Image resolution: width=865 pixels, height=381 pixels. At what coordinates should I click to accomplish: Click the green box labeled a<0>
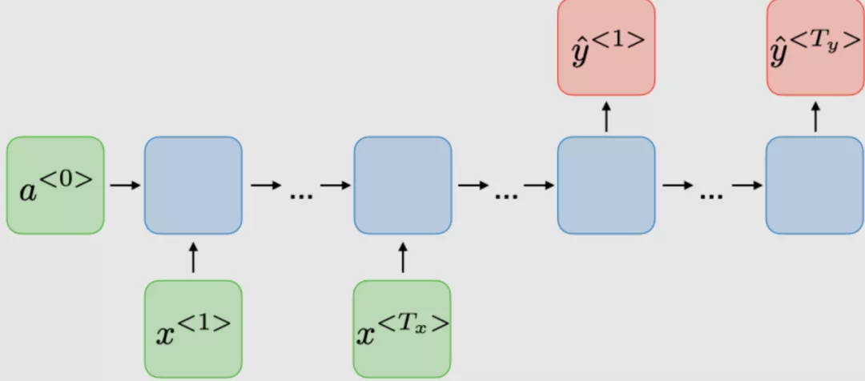point(55,185)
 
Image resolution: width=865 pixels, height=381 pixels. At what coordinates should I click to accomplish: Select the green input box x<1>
point(193,327)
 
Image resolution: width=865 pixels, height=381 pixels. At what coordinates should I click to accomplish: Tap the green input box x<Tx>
point(403,327)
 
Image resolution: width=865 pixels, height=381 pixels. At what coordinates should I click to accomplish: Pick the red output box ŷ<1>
point(606,46)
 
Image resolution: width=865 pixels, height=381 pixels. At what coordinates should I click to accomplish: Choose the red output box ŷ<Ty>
point(815,46)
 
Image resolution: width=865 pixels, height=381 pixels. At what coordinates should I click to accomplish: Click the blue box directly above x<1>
point(193,185)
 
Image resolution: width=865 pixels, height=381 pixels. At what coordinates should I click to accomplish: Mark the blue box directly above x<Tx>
point(403,185)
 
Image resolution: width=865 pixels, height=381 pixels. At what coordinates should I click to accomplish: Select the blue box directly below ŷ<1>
point(606,185)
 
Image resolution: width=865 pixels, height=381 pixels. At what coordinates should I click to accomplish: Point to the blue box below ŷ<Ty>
point(815,185)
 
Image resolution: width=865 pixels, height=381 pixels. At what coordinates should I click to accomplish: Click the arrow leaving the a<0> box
point(124,186)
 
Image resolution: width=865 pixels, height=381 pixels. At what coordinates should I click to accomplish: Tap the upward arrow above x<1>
point(193,258)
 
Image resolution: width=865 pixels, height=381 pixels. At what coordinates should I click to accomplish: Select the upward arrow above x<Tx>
point(403,258)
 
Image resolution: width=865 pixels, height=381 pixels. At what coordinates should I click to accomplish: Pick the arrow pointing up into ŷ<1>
point(606,116)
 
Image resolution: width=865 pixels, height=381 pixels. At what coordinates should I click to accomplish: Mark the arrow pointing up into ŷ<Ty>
point(815,116)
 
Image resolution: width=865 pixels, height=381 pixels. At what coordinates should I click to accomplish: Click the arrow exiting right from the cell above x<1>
point(265,186)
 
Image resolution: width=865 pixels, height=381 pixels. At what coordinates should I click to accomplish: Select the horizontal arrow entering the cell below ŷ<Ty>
point(747,186)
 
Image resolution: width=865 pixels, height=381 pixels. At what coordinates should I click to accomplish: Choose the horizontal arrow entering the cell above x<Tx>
point(336,186)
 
